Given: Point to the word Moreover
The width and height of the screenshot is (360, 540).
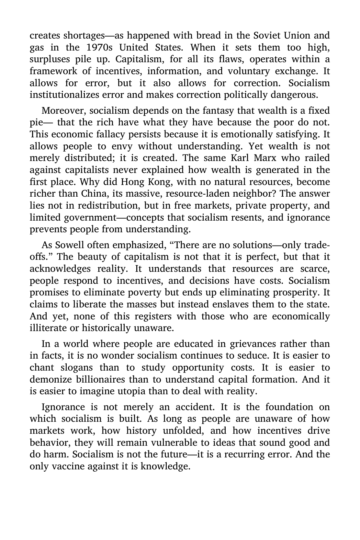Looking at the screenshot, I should (63, 110).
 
